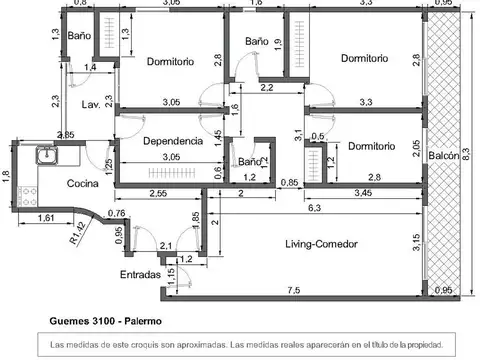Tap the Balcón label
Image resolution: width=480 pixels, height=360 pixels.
(x=444, y=156)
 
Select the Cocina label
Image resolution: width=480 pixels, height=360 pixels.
(x=83, y=183)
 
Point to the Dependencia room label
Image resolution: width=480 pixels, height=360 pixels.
(x=173, y=141)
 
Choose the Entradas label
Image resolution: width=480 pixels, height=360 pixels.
(x=140, y=274)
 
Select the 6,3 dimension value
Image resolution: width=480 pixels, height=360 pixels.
(x=313, y=208)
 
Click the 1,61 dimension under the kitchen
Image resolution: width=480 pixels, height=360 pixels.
(x=46, y=217)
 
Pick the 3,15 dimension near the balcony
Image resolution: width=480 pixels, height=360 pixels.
(x=416, y=240)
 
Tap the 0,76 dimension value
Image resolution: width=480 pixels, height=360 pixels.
(x=116, y=213)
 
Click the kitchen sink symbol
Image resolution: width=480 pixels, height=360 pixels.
(x=45, y=156)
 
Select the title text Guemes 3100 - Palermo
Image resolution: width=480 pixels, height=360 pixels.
(x=106, y=322)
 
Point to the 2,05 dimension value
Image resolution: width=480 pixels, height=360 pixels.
(x=415, y=147)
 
